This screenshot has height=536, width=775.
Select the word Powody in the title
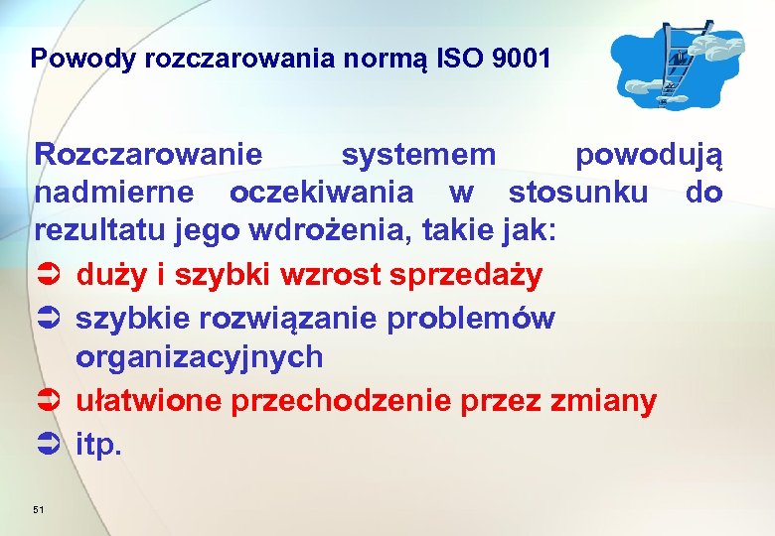click(x=83, y=59)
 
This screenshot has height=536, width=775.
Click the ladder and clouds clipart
click(x=676, y=65)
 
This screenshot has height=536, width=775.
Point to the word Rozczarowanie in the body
click(x=149, y=156)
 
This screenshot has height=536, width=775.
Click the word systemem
click(x=418, y=156)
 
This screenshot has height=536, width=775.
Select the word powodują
click(x=650, y=156)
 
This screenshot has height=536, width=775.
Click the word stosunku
click(x=590, y=192)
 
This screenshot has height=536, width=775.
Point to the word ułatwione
click(x=149, y=401)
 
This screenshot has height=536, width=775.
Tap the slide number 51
click(x=39, y=509)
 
